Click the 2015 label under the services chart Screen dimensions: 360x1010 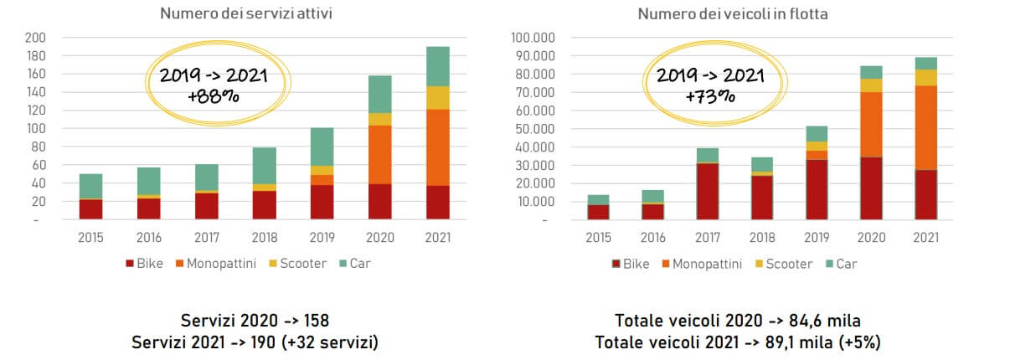pos(90,237)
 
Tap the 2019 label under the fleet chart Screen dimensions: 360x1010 pos(817,237)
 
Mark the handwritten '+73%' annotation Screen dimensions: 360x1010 pos(708,96)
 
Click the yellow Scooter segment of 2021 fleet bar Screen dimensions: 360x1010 pos(925,77)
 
